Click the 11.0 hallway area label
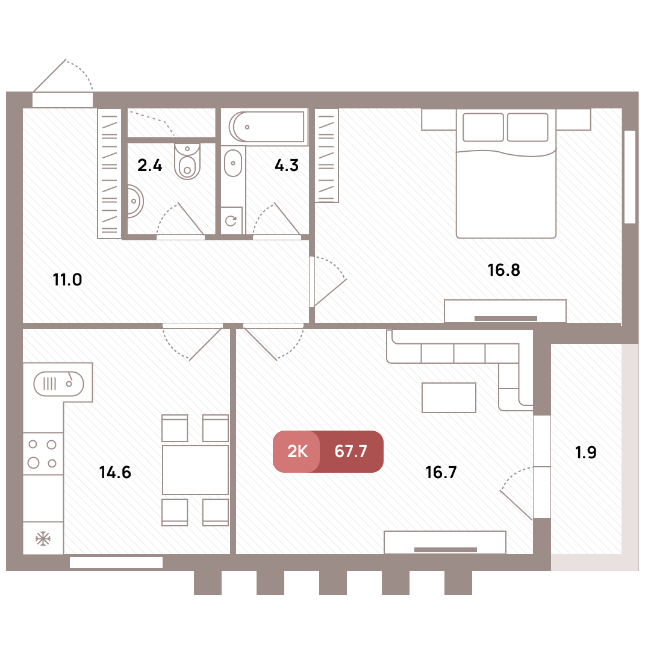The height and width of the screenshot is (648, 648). point(67,280)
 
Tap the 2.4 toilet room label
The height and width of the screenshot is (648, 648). point(149,165)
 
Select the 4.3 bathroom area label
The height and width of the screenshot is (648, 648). point(287,165)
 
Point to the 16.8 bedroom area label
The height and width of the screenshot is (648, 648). point(504,270)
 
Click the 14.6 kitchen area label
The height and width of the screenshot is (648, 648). point(115,472)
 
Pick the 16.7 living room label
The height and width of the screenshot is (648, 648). point(441,472)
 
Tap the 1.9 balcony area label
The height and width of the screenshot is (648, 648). point(586,452)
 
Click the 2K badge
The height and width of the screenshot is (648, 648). point(296,451)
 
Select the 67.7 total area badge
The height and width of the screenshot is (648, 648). point(351,451)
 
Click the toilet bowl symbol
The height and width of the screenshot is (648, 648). point(187,161)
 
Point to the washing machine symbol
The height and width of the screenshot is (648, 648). point(231,220)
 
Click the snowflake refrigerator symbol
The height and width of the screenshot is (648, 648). point(43,538)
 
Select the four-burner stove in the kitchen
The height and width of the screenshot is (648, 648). point(43,453)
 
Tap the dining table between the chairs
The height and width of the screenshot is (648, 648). point(195,470)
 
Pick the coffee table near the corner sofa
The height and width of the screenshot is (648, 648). point(449,397)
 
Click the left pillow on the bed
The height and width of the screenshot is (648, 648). point(483,127)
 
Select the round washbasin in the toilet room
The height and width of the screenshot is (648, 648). point(135,202)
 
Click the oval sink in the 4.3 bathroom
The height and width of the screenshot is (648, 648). point(233,163)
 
